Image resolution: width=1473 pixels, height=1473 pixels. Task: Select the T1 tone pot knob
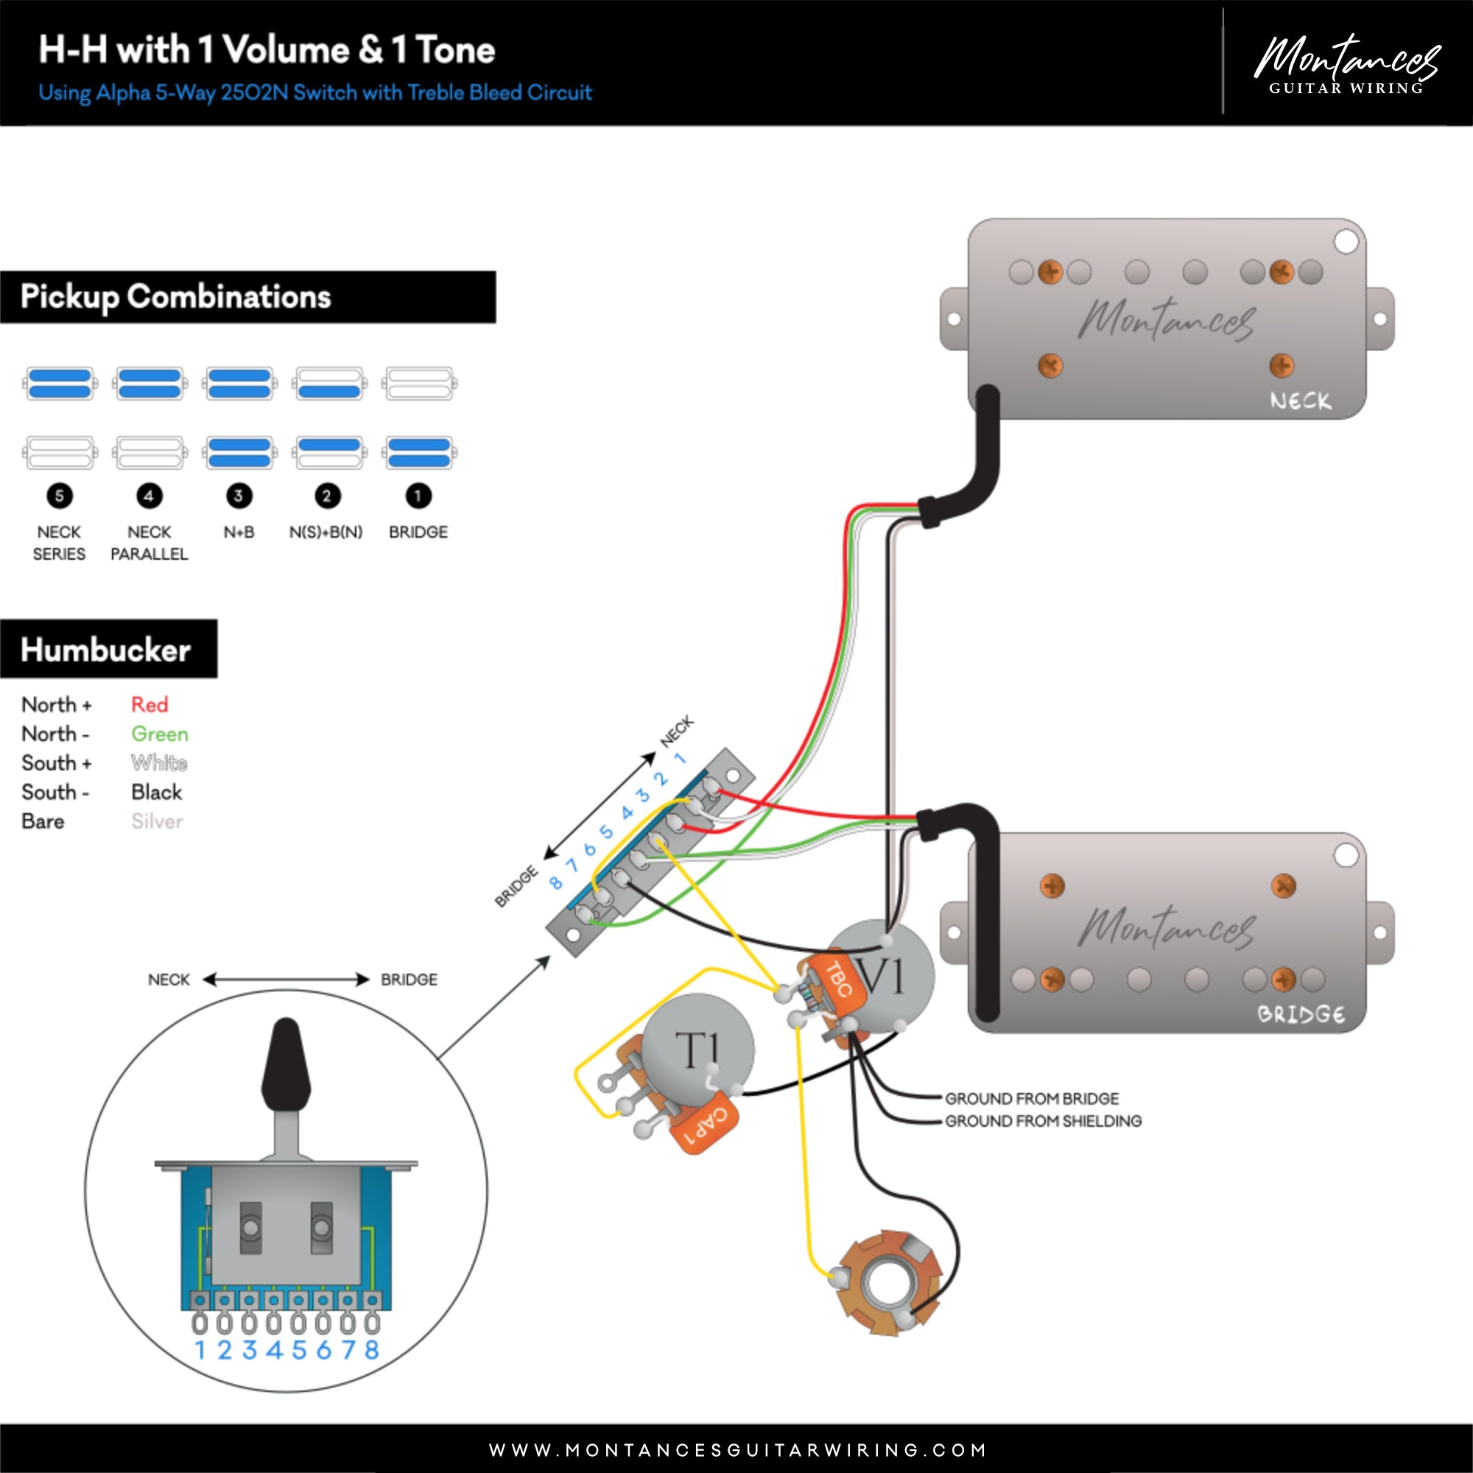(697, 1049)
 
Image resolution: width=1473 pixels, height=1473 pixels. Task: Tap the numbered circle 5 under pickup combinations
(60, 496)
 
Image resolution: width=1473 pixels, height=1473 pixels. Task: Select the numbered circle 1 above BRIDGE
(418, 496)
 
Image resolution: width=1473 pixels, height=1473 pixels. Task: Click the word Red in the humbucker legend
(150, 705)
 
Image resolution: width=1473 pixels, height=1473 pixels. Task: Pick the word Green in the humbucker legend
(159, 734)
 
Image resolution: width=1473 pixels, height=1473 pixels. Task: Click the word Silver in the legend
(157, 821)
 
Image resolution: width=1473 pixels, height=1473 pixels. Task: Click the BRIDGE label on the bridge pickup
(1300, 1015)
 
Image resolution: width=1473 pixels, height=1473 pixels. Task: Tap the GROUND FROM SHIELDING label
(1043, 1121)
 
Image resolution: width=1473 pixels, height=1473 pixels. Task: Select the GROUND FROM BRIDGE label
(1032, 1099)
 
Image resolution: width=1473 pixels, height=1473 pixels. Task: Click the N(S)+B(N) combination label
(326, 532)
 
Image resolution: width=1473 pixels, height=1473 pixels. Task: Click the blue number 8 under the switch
(371, 1350)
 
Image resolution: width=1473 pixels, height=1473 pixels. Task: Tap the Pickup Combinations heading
(175, 297)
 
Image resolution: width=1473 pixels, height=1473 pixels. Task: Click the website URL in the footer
(736, 1449)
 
